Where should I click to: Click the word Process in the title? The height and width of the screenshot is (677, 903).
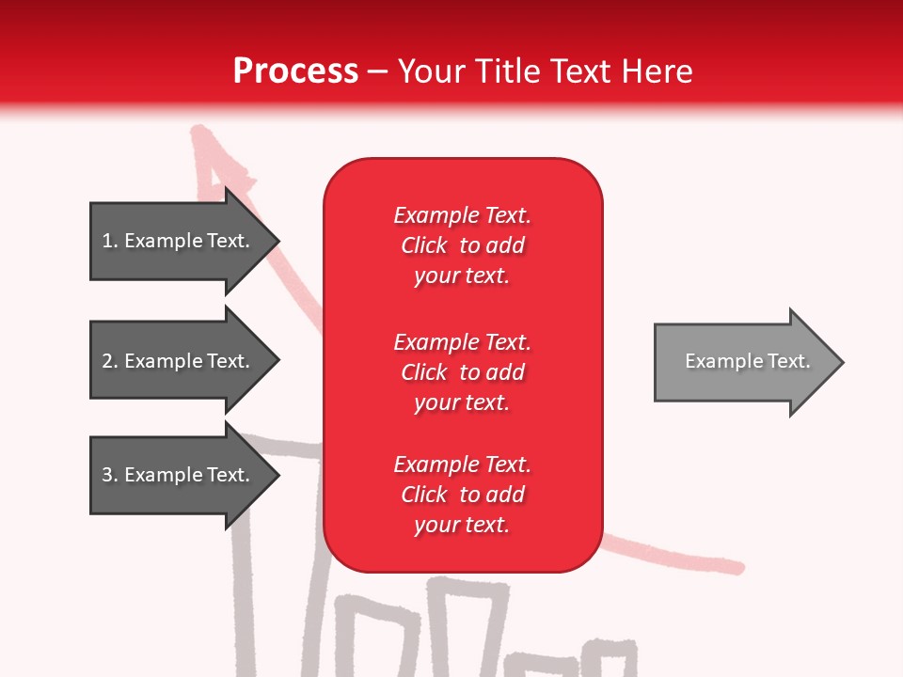tap(295, 71)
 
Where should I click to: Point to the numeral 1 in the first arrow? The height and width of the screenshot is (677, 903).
tap(107, 241)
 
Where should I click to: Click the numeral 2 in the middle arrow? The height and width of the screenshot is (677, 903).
tap(107, 361)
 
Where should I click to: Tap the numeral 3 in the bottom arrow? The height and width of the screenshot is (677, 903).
tap(107, 475)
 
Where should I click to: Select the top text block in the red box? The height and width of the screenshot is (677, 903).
tap(462, 245)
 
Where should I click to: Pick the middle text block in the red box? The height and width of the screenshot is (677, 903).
tap(462, 372)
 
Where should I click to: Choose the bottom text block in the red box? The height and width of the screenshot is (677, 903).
tap(462, 495)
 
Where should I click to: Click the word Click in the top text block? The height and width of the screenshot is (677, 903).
tap(423, 245)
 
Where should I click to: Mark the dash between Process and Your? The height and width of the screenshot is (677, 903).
tap(378, 72)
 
